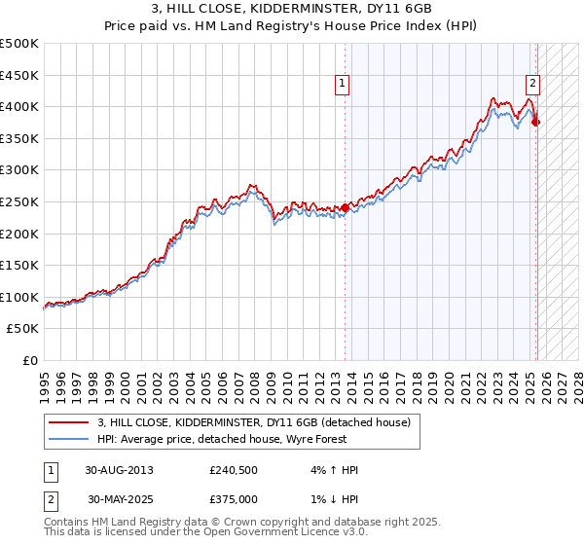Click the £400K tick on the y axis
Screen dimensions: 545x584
[x=20, y=107]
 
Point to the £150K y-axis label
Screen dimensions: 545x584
[x=20, y=265]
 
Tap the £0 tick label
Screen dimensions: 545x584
[x=30, y=360]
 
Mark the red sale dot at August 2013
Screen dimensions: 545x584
[x=346, y=207]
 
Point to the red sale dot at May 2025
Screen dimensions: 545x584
[x=536, y=123]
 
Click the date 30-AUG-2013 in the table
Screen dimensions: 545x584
[x=119, y=470]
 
